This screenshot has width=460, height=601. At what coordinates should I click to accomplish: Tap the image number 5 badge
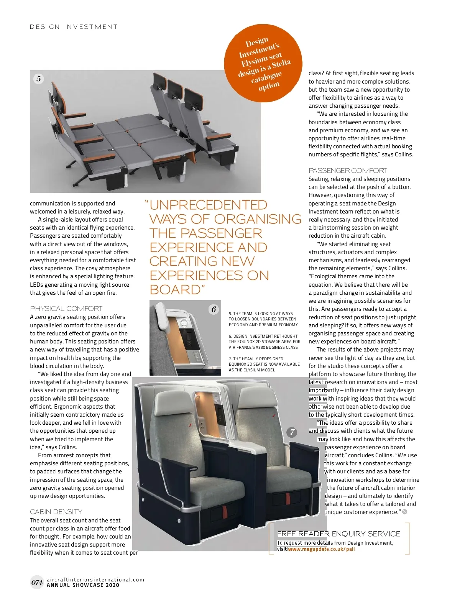(x=39, y=79)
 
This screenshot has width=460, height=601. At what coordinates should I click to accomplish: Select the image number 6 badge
(x=214, y=309)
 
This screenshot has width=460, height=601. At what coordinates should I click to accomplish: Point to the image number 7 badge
(x=292, y=432)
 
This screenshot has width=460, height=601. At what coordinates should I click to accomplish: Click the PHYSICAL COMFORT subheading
(x=66, y=309)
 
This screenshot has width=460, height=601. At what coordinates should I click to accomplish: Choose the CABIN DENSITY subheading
(x=56, y=512)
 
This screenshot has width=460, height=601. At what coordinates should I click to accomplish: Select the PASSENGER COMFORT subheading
(x=348, y=171)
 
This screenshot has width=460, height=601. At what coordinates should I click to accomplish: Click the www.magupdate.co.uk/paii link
(x=321, y=549)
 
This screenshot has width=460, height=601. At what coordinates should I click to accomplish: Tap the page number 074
(x=37, y=583)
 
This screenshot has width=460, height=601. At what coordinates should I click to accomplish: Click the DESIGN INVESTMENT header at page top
(x=74, y=27)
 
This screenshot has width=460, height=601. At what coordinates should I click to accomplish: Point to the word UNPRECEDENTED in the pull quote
(x=208, y=205)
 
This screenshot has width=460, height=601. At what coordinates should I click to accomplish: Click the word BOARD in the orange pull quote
(x=175, y=289)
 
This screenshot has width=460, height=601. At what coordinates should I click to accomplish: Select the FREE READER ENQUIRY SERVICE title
(x=338, y=534)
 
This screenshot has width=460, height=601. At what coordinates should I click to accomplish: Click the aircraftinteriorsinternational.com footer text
(x=95, y=580)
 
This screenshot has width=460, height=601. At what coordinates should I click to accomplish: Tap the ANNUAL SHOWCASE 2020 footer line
(x=83, y=585)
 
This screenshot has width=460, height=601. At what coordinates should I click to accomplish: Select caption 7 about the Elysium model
(x=264, y=364)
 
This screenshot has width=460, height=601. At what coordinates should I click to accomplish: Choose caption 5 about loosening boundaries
(x=263, y=319)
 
